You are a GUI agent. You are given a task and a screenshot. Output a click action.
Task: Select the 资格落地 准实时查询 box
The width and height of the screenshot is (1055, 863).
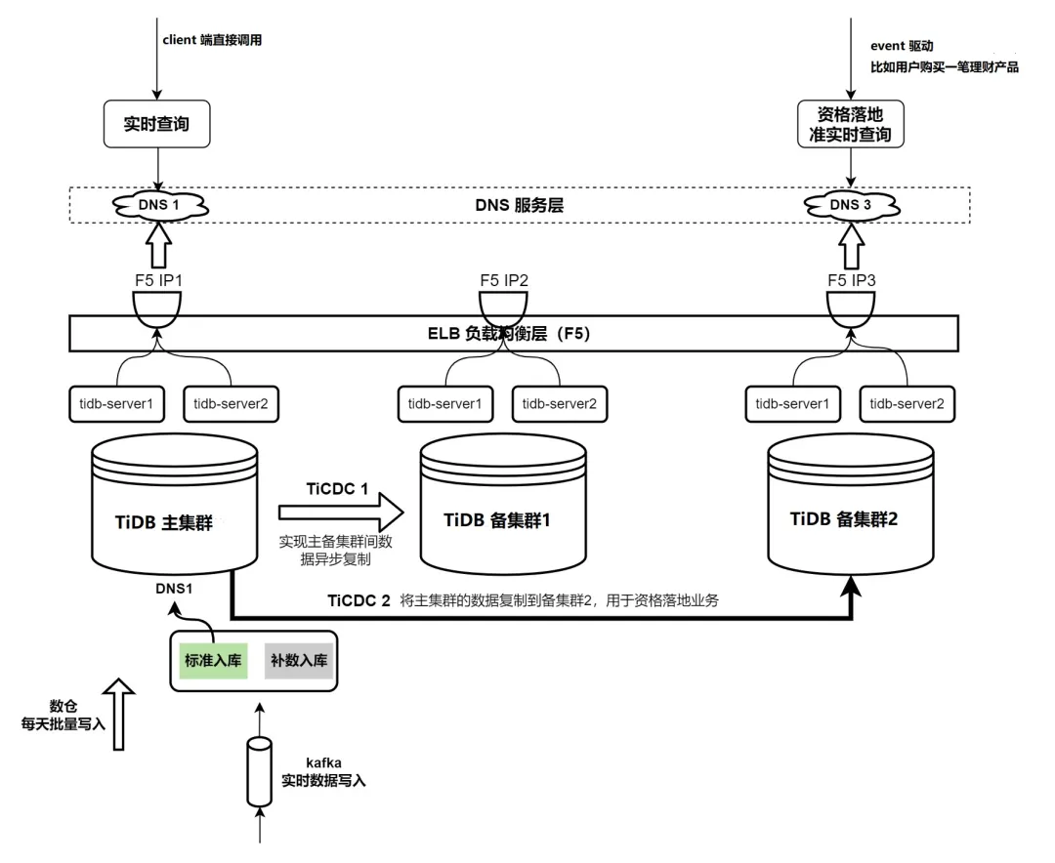[849, 124]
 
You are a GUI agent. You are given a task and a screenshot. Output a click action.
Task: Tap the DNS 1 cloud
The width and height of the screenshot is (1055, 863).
[157, 204]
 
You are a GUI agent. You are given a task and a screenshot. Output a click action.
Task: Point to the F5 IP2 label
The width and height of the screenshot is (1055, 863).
[504, 279]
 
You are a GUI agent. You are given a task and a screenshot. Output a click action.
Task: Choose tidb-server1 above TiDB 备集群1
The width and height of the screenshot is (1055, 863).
[444, 402]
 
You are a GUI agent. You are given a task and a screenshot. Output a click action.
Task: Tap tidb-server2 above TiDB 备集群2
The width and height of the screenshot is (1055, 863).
[906, 402]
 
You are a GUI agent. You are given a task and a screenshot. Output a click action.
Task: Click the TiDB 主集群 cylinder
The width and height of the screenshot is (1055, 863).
[174, 517]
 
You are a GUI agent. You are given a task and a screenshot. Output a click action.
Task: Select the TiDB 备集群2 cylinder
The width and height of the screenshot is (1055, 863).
[849, 518]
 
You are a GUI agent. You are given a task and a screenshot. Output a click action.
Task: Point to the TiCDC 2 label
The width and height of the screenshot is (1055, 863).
[358, 601]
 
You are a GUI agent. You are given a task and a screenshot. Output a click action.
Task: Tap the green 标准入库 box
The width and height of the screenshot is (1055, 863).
[213, 660]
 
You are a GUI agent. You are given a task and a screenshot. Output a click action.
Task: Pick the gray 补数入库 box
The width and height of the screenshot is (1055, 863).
[299, 660]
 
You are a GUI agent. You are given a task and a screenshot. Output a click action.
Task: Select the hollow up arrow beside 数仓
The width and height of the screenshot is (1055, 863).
[119, 715]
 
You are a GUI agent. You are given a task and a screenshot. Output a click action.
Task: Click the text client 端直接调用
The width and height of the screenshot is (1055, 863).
[212, 40]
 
